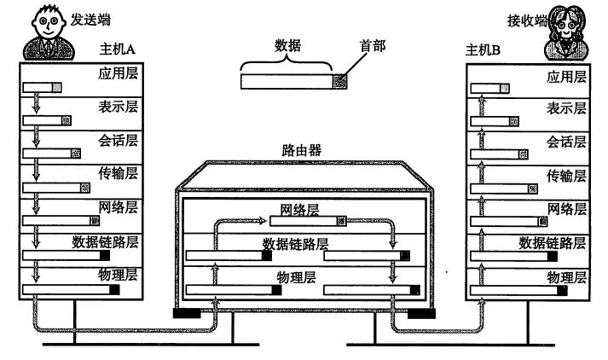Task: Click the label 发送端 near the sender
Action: click(x=90, y=20)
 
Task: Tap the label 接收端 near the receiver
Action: click(x=527, y=20)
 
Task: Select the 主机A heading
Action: click(x=117, y=49)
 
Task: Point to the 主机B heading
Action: click(x=483, y=50)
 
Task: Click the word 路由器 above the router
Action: click(x=302, y=150)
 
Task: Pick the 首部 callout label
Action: click(x=373, y=46)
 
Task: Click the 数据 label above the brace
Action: click(x=287, y=46)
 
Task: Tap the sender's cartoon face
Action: click(x=48, y=22)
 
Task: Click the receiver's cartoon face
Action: click(x=565, y=24)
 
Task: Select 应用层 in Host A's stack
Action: click(x=118, y=73)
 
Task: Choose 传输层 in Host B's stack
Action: click(x=566, y=176)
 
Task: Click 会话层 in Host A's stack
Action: click(x=118, y=141)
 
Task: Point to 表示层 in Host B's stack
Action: click(x=566, y=108)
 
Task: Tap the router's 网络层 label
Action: click(x=299, y=210)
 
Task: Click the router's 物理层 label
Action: click(x=296, y=277)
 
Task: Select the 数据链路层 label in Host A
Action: click(x=105, y=242)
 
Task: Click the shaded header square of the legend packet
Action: click(x=339, y=81)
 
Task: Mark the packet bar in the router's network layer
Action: click(x=308, y=221)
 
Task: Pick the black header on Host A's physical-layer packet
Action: click(x=114, y=289)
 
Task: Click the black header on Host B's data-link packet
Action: click(x=553, y=256)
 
